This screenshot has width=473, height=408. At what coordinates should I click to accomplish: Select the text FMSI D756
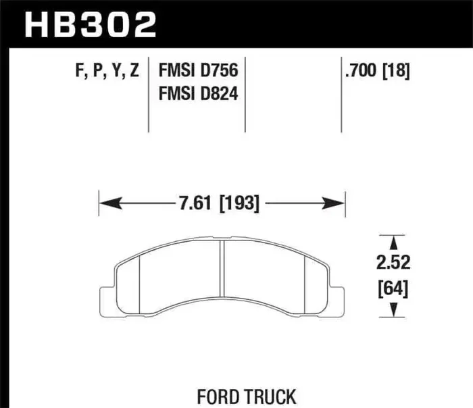tap(201, 70)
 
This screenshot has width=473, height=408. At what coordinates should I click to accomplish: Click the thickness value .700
tap(359, 70)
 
